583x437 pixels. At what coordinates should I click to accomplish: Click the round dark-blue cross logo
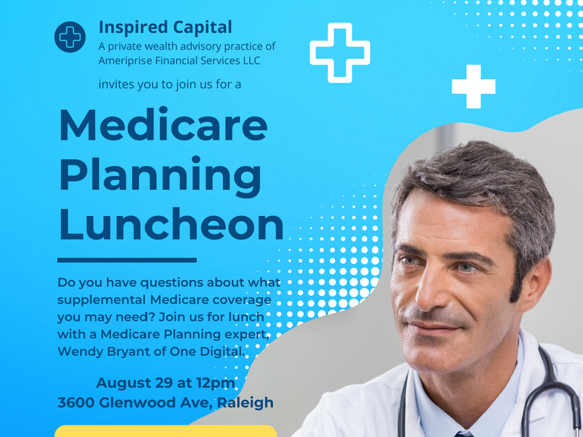pyautogui.click(x=70, y=37)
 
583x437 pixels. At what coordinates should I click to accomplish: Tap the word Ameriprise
pyautogui.click(x=125, y=61)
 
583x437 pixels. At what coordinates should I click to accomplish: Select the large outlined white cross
pyautogui.click(x=340, y=52)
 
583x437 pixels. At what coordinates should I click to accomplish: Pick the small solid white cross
pyautogui.click(x=474, y=86)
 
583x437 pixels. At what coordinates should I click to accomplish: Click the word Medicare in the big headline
pyautogui.click(x=163, y=124)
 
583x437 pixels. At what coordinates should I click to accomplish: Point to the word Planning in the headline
pyautogui.click(x=160, y=177)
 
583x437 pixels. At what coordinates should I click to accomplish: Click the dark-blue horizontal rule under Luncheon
pyautogui.click(x=127, y=260)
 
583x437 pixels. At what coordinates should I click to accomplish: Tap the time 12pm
pyautogui.click(x=216, y=384)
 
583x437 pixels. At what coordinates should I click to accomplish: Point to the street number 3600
pyautogui.click(x=76, y=403)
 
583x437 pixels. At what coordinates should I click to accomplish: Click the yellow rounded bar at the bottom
pyautogui.click(x=166, y=431)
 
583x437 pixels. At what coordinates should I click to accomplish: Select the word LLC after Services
pyautogui.click(x=252, y=61)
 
